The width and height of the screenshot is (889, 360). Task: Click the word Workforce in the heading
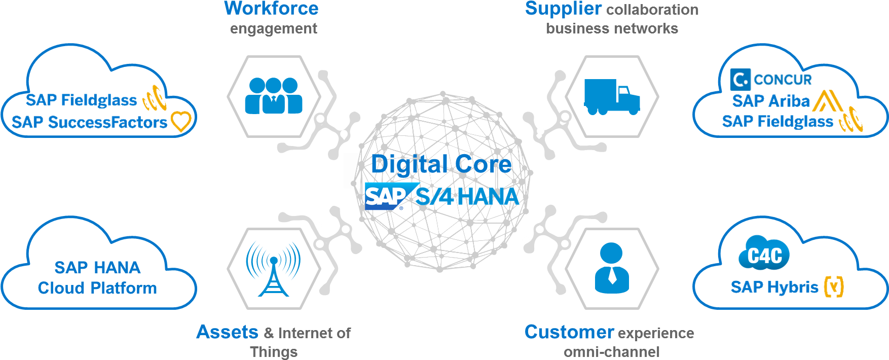271,8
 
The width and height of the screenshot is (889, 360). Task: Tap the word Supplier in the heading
563,9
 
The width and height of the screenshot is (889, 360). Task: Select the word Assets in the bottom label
227,332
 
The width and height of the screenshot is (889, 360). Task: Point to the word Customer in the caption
569,332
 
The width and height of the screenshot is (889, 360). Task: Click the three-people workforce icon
274,96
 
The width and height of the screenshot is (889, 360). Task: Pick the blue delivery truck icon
612,96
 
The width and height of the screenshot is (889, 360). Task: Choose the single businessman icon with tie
612,268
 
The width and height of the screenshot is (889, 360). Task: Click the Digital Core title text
441,164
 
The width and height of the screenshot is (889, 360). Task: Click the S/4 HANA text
467,197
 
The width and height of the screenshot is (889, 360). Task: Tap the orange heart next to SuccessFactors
181,122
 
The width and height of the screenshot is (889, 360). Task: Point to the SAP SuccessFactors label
89,122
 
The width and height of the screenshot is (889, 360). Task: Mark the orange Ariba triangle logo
827,100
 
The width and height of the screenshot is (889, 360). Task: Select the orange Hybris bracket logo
834,286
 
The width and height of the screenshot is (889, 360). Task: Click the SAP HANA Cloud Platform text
97,278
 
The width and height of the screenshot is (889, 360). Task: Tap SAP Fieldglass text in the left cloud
81,100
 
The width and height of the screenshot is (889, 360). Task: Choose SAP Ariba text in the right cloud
771,101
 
